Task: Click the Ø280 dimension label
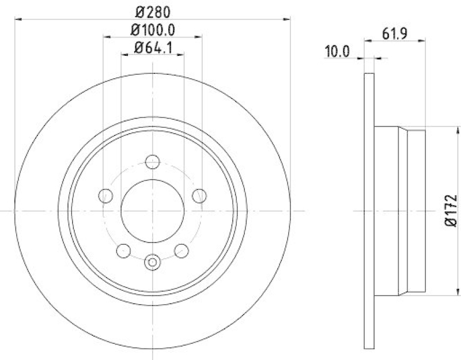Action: tap(153, 11)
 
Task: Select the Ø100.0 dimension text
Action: tap(153, 29)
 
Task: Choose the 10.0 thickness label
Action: tap(338, 51)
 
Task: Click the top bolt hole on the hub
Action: tap(153, 162)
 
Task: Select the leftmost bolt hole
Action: tap(105, 196)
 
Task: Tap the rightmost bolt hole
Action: tap(199, 196)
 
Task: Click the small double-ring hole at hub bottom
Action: tap(153, 263)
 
